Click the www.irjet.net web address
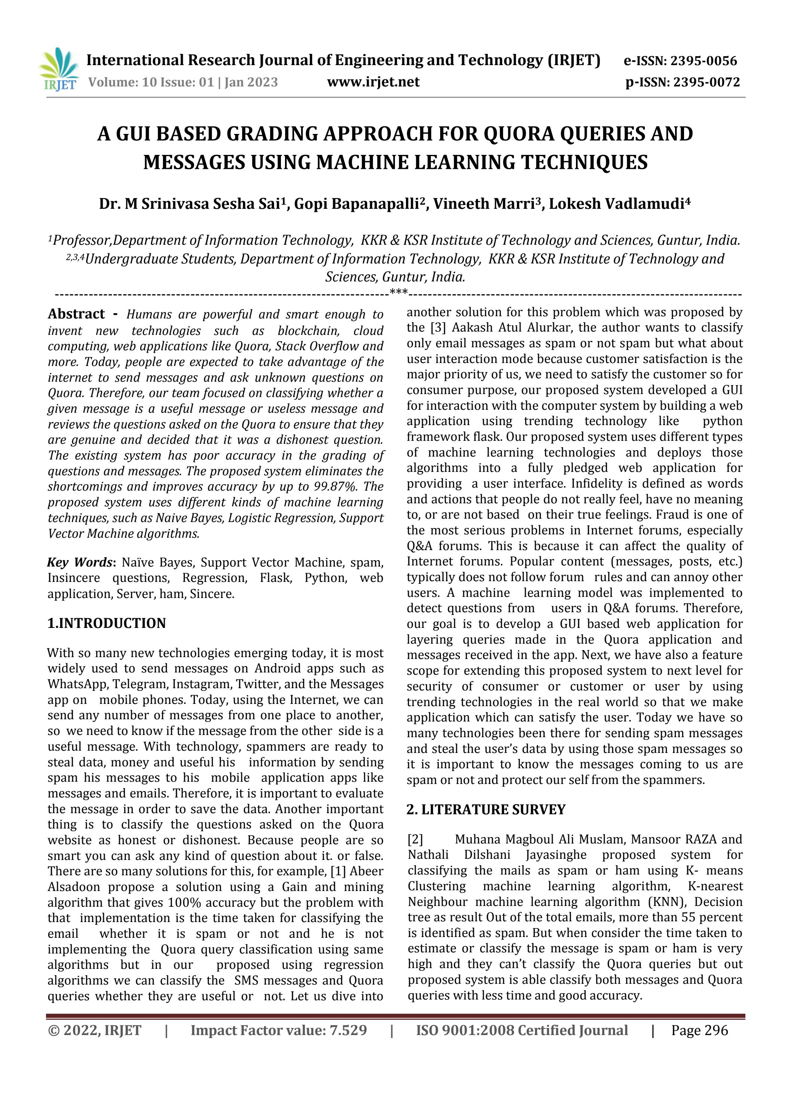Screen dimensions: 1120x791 [373, 82]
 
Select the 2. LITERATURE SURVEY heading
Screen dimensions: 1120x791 [486, 809]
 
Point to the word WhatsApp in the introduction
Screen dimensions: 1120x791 [76, 684]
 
